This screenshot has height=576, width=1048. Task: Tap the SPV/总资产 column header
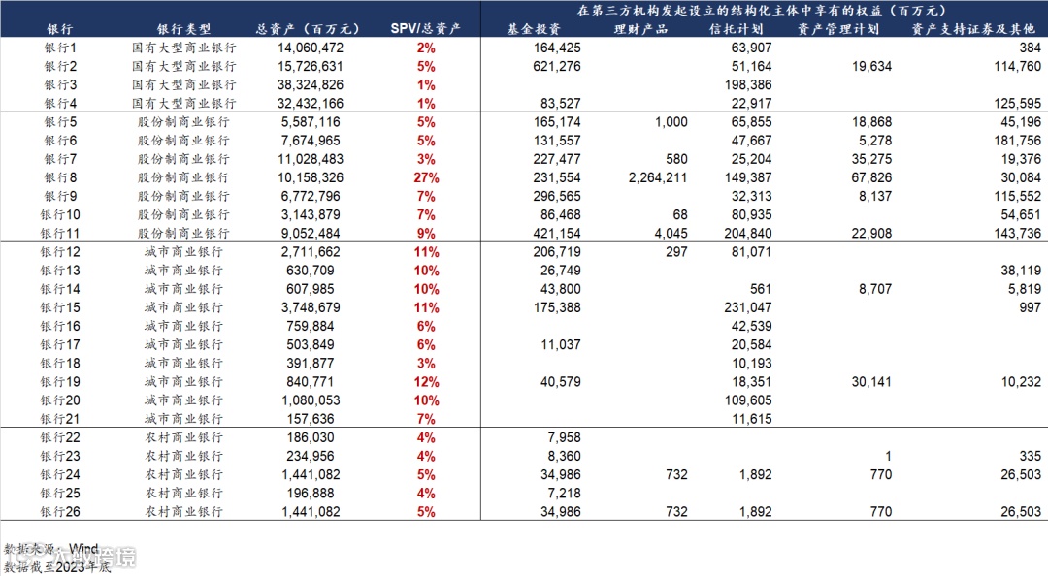coord(425,29)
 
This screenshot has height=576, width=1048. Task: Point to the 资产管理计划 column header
coord(837,29)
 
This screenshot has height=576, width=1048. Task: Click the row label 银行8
coord(60,177)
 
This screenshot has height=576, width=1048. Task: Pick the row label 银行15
coord(60,307)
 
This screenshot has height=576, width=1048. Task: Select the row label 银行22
coord(60,437)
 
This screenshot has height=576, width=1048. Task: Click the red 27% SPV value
coord(425,177)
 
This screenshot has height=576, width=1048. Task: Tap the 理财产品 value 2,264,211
coord(658,177)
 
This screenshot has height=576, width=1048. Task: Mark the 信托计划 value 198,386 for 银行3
coord(747,84)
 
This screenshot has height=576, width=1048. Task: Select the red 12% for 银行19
coord(425,381)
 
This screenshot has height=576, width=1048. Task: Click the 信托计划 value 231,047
coord(747,307)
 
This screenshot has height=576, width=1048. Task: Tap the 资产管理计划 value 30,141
coord(870,381)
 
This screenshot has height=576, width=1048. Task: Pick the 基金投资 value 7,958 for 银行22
coord(564,437)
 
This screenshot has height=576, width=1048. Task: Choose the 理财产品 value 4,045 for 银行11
coord(671,233)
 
